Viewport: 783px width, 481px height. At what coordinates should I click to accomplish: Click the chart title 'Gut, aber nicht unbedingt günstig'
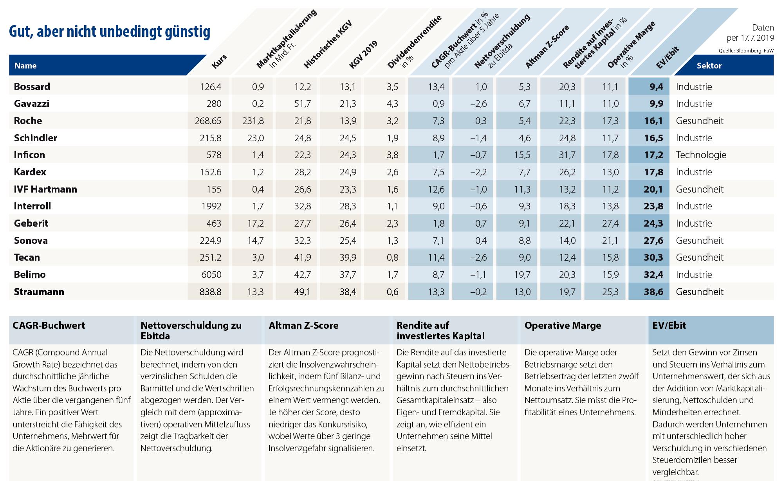(x=110, y=32)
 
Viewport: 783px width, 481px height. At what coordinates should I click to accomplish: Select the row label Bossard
(x=32, y=86)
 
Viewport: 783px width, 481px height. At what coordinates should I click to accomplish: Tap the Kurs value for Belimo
(x=211, y=274)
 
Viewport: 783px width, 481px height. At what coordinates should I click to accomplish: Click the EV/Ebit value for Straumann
(x=653, y=292)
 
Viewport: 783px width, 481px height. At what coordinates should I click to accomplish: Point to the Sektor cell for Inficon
(x=701, y=155)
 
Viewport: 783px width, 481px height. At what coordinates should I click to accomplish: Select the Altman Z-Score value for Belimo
(x=522, y=274)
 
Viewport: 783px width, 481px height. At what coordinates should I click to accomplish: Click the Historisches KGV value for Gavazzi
(x=303, y=104)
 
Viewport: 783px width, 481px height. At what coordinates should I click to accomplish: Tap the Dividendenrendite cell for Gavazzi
(x=392, y=104)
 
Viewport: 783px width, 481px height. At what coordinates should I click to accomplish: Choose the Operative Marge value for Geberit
(x=610, y=223)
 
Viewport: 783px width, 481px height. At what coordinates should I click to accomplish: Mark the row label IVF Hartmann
(x=45, y=189)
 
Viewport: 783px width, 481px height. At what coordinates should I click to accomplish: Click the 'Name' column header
(x=25, y=66)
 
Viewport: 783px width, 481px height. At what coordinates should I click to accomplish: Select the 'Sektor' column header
(x=709, y=66)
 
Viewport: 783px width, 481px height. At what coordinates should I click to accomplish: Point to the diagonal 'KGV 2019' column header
(x=363, y=55)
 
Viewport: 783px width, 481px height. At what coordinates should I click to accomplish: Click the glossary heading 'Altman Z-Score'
(x=303, y=326)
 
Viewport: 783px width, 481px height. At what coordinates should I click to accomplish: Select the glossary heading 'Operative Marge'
(x=563, y=326)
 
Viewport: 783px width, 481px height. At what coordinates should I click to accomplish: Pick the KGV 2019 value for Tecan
(x=348, y=257)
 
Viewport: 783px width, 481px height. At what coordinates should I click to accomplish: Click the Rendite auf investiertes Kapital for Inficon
(x=567, y=155)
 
